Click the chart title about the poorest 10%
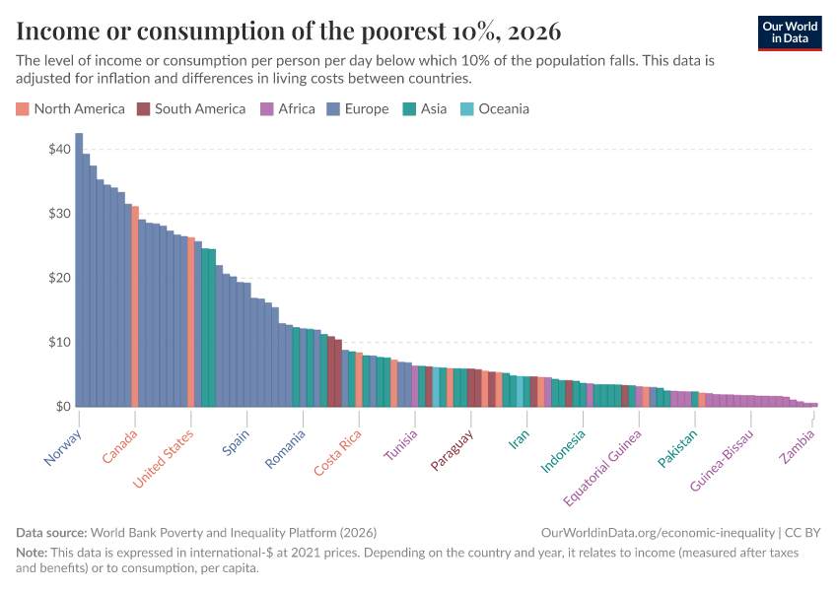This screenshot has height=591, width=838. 288,32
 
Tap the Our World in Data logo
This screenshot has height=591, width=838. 790,33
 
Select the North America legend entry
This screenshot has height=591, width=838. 71,108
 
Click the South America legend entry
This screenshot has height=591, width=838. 191,108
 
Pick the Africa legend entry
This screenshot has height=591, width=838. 287,108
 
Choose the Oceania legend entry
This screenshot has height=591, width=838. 495,108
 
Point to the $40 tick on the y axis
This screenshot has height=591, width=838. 58,149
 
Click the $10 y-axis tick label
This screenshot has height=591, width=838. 58,342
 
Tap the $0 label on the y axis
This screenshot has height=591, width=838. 62,406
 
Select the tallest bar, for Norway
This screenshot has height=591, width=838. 79,271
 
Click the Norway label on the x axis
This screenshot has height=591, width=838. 62,447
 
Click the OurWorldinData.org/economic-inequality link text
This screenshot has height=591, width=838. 658,532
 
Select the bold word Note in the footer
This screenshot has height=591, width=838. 33,553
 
